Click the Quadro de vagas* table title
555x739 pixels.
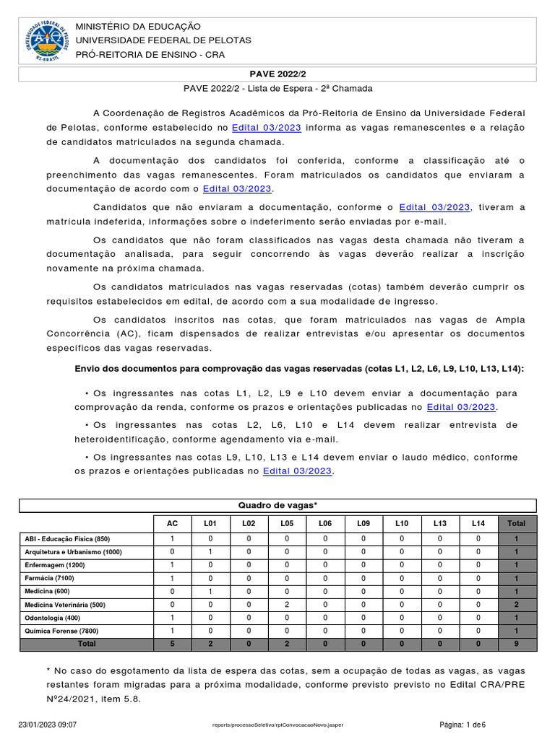click(x=277, y=505)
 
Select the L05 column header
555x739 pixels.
click(x=287, y=523)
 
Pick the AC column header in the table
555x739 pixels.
click(x=171, y=523)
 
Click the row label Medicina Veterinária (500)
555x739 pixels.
click(x=64, y=604)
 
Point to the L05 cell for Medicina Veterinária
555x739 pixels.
click(x=287, y=604)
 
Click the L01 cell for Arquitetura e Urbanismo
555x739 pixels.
click(x=210, y=552)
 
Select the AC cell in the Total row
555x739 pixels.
click(x=171, y=643)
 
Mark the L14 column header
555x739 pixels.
click(x=478, y=523)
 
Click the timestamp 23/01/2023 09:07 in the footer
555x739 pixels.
click(x=48, y=724)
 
